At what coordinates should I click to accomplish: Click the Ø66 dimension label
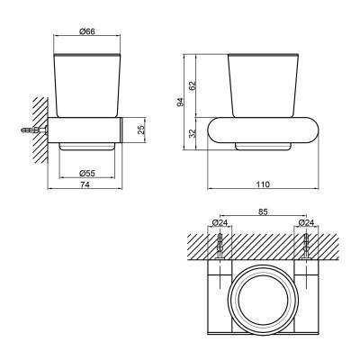[87, 31]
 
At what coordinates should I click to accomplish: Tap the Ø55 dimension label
[87, 173]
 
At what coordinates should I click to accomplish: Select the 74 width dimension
[85, 184]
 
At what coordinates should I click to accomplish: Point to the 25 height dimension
[141, 130]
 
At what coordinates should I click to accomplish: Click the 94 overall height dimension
[180, 102]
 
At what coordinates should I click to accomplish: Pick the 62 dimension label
[193, 85]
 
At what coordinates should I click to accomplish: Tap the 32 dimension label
[193, 133]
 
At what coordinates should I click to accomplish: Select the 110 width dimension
[263, 184]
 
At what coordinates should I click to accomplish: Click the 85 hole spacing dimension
[263, 211]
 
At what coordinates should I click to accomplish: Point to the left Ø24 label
[220, 222]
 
